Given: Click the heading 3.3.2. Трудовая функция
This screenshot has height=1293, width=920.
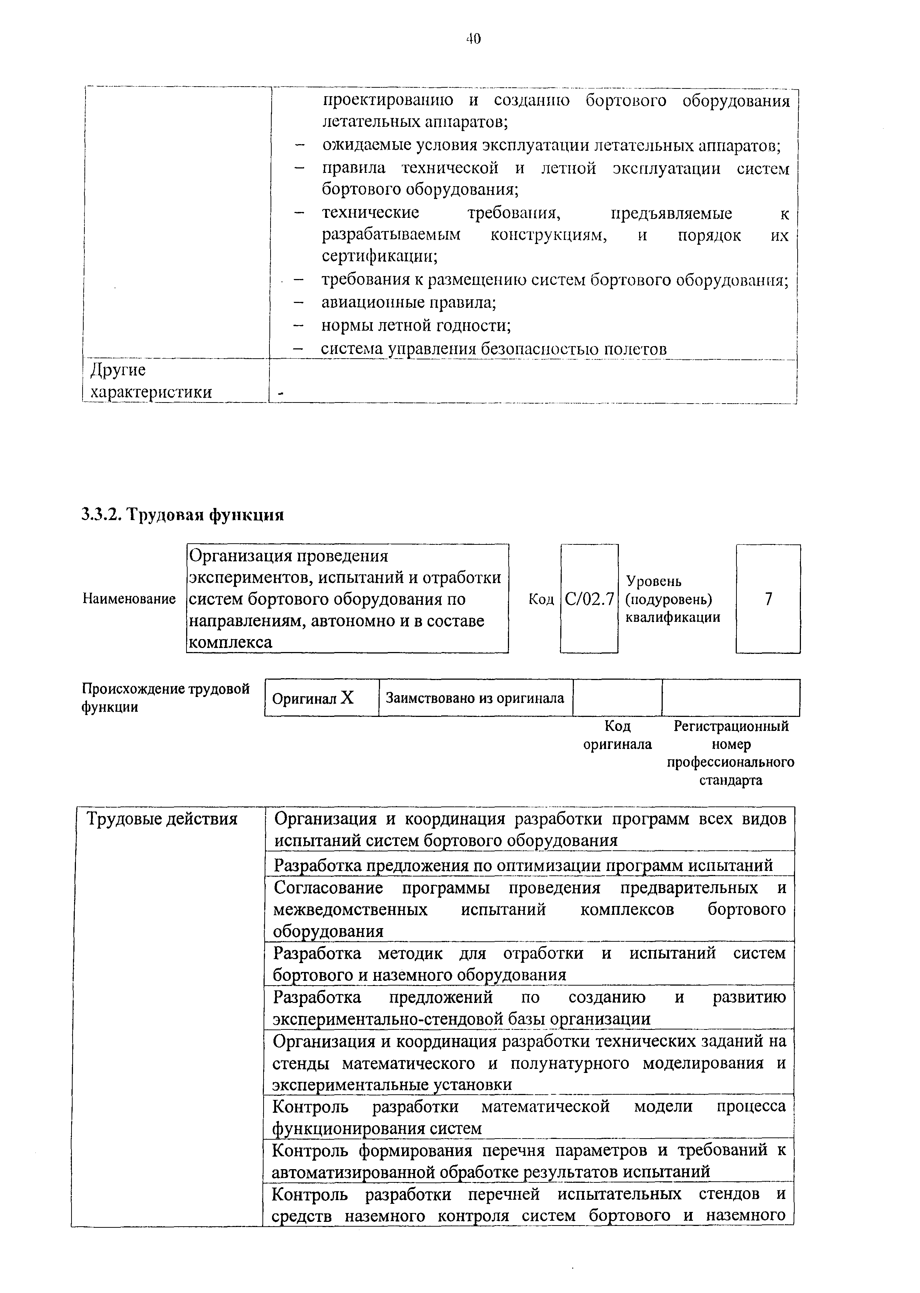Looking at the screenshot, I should tap(182, 515).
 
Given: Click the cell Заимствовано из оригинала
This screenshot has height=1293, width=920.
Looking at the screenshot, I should tap(475, 698).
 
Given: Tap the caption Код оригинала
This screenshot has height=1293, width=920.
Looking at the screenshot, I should tap(617, 735).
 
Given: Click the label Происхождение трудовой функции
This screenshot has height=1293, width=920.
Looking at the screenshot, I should tap(165, 697).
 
